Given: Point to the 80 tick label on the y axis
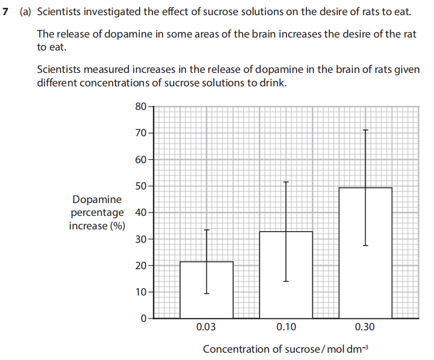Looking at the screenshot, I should [x=141, y=106].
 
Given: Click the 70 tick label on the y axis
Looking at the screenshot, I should [x=141, y=133].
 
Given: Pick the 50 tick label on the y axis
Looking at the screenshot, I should [x=141, y=186].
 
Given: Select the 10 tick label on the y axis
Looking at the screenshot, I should [x=141, y=292].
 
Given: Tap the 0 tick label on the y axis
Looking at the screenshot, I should [x=144, y=318].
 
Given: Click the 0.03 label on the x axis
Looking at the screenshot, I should [x=206, y=327].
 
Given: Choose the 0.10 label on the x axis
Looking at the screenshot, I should [x=286, y=327].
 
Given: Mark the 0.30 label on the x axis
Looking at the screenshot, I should [x=366, y=327].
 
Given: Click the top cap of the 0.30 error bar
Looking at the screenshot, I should [x=366, y=130].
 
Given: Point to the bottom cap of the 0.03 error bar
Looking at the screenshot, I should [x=206, y=293].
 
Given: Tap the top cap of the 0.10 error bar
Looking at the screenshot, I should [x=286, y=182].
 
